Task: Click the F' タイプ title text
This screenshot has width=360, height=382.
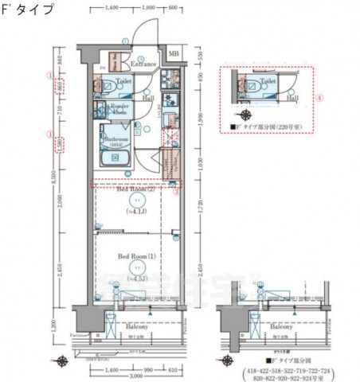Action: pyautogui.click(x=29, y=10)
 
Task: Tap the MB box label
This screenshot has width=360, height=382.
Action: pyautogui.click(x=173, y=55)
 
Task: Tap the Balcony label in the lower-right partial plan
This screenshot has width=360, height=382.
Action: pyautogui.click(x=275, y=326)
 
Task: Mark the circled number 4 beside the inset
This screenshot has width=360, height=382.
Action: pyautogui.click(x=320, y=98)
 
